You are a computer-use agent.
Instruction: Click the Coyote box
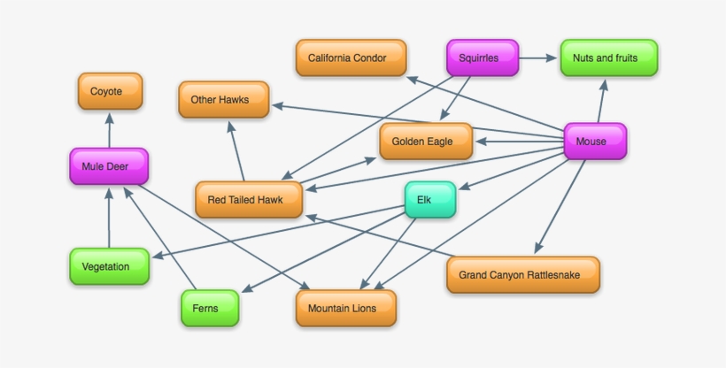[111, 91]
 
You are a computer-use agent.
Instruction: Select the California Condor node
[351, 58]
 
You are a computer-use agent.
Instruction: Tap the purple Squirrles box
[482, 58]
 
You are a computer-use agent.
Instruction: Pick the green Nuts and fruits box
[609, 58]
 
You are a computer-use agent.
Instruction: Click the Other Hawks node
[225, 100]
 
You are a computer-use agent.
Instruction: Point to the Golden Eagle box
[426, 142]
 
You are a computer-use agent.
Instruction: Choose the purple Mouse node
[595, 142]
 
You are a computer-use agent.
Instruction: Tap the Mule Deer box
[109, 166]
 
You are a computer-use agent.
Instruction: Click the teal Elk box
[430, 200]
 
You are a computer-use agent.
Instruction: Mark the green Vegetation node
[109, 266]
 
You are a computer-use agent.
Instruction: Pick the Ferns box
[211, 309]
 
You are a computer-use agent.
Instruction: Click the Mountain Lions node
[345, 309]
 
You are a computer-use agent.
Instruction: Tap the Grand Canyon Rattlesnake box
[523, 275]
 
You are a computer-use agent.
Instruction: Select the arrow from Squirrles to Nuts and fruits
[538, 59]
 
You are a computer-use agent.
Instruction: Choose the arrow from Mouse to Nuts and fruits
[602, 101]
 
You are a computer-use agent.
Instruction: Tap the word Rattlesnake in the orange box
[552, 275]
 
